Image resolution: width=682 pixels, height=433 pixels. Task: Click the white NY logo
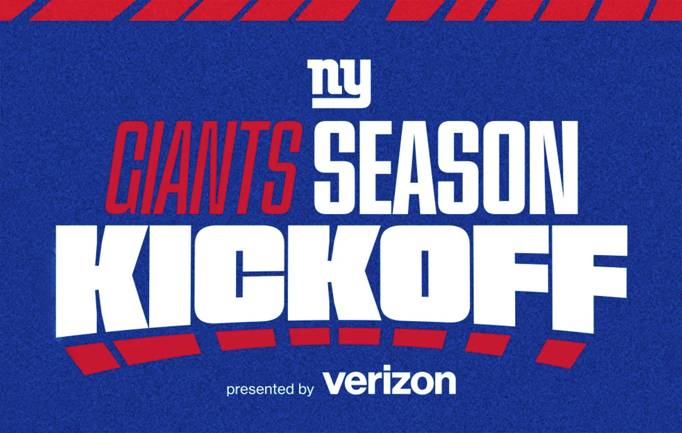341,83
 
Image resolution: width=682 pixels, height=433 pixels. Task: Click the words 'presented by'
270,389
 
